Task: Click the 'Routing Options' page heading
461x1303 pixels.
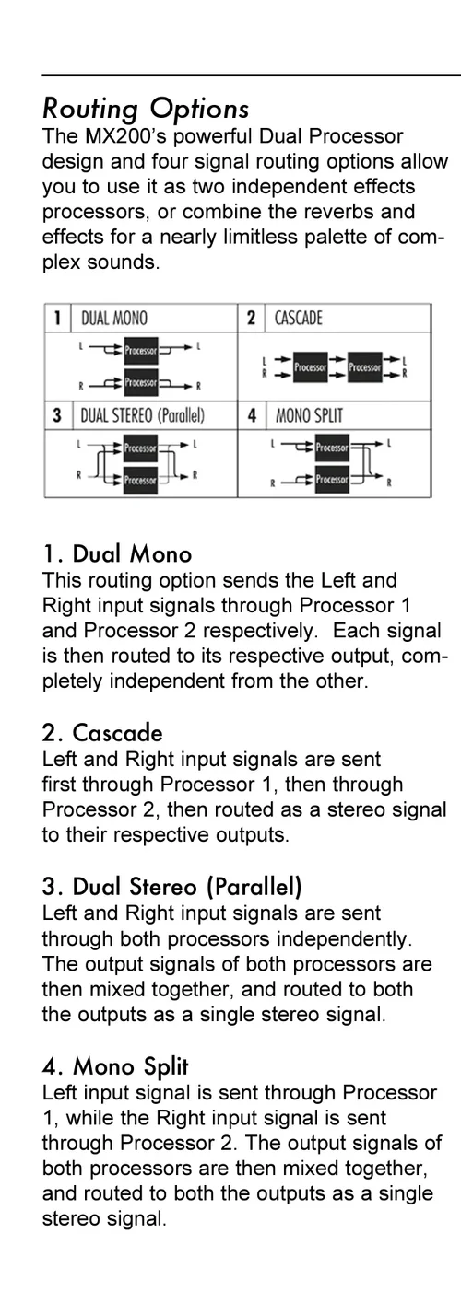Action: (x=146, y=108)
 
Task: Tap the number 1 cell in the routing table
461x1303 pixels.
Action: (x=57, y=319)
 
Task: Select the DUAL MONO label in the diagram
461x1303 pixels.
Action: (x=114, y=319)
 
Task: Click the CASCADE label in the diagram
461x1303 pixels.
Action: (x=298, y=319)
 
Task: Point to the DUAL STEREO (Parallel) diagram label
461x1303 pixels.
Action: (x=143, y=415)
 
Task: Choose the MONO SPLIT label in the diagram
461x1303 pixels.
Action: (x=309, y=415)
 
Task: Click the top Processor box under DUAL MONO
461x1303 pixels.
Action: (x=141, y=350)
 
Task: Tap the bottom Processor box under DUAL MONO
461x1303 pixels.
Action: (x=141, y=382)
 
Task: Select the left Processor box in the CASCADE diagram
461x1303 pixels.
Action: (x=310, y=367)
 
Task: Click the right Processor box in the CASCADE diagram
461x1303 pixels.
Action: (x=364, y=367)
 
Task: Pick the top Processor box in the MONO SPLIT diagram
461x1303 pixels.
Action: (x=332, y=448)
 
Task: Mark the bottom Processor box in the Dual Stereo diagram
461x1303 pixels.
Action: (x=140, y=480)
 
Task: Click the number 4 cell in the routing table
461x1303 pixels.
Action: (x=252, y=415)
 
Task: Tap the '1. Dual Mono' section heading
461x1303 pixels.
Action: (x=117, y=553)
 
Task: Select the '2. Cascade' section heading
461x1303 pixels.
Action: (x=102, y=733)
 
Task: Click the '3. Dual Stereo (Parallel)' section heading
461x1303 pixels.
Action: (x=172, y=887)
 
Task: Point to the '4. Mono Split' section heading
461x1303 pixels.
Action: (x=115, y=1067)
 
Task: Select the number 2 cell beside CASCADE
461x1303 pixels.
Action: (x=251, y=319)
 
